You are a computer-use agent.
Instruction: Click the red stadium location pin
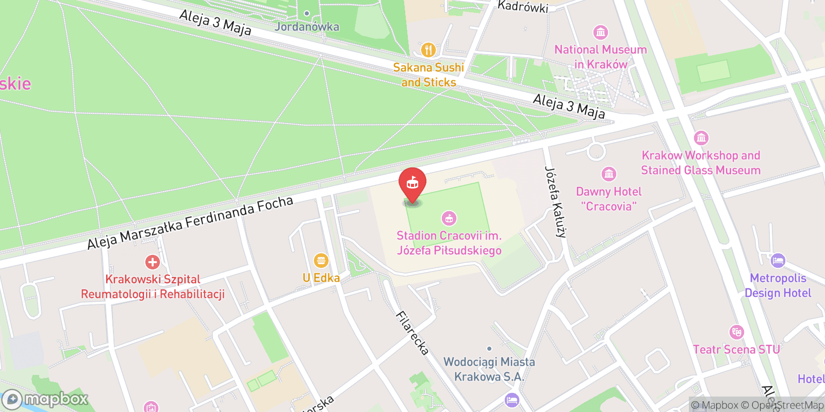pyautogui.click(x=412, y=183)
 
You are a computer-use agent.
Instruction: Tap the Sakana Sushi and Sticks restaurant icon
pyautogui.click(x=428, y=50)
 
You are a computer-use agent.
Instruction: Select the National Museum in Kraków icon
pyautogui.click(x=600, y=32)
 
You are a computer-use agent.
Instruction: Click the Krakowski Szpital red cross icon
pyautogui.click(x=152, y=262)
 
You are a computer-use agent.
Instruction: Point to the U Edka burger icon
pyautogui.click(x=321, y=260)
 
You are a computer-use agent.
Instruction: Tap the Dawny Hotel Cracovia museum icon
pyautogui.click(x=609, y=174)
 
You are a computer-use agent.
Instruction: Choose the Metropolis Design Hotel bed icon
pyautogui.click(x=778, y=261)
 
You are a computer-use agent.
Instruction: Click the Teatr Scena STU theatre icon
pyautogui.click(x=736, y=332)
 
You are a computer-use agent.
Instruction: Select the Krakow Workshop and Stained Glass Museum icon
pyautogui.click(x=701, y=138)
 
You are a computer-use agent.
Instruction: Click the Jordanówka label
pyautogui.click(x=307, y=26)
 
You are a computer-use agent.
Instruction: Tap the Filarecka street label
pyautogui.click(x=412, y=333)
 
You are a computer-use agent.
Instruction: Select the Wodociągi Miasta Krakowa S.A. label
pyautogui.click(x=489, y=369)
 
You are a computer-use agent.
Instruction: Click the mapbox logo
pyautogui.click(x=45, y=399)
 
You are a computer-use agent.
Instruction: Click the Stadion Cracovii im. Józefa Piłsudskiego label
pyautogui.click(x=449, y=243)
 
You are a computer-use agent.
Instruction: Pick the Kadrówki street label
pyautogui.click(x=522, y=6)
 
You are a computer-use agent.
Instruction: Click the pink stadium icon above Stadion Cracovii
pyautogui.click(x=449, y=218)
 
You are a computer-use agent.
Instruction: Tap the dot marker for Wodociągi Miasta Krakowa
pyautogui.click(x=489, y=349)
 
